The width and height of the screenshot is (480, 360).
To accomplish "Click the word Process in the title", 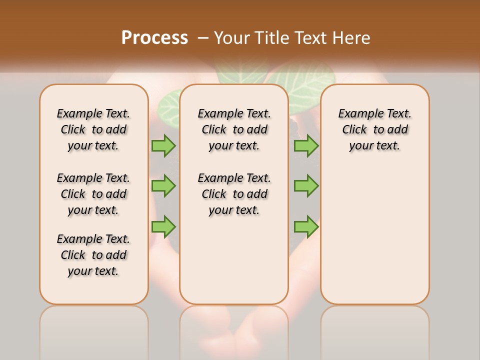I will pos(154,37).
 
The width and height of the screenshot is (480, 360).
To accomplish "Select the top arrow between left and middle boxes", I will pos(163,145).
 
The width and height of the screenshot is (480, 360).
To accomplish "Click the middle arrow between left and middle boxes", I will pos(163,186).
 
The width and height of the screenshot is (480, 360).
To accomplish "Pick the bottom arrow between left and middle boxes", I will pos(163,226).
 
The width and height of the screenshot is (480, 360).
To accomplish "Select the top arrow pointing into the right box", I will pos(306,145).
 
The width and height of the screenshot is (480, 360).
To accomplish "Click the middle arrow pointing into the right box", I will pos(306,186).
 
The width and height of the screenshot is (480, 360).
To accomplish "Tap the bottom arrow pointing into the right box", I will pos(306,226).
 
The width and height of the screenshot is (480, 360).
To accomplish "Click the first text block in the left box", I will pos(93,129).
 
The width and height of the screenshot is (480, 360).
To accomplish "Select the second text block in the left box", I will pos(93,194).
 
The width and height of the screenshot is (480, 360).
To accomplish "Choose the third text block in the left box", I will pos(93,255).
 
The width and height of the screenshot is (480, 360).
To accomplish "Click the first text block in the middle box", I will pos(234,129).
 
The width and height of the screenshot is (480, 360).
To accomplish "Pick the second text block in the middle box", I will pos(234,194).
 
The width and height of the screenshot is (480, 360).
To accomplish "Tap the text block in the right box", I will pos(374,129).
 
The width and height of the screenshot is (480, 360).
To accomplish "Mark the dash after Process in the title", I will pos(203,38).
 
